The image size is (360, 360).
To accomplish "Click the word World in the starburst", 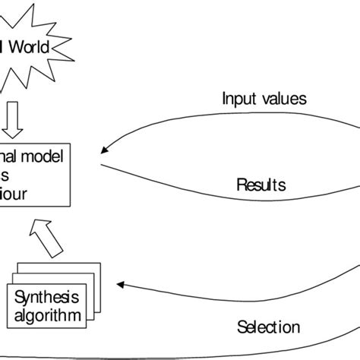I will pos(29,49).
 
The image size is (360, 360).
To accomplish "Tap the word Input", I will pos(238,98).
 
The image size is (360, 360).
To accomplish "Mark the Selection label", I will pos(267,327).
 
